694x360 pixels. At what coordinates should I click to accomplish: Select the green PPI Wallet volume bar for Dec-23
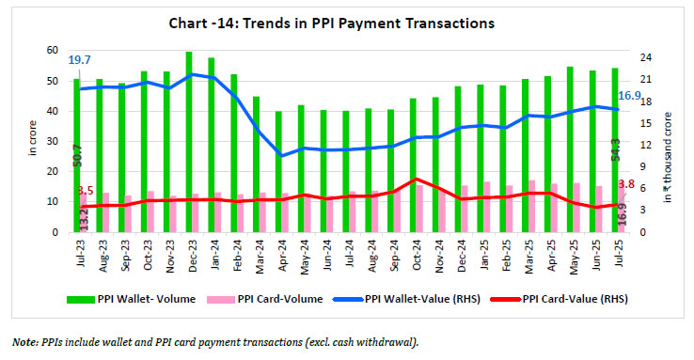click(x=189, y=141)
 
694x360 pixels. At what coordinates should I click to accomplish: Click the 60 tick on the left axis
click(x=53, y=50)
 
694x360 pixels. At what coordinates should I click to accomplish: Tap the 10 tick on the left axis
click(x=53, y=201)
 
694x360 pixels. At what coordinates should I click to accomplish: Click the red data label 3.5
click(x=85, y=191)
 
